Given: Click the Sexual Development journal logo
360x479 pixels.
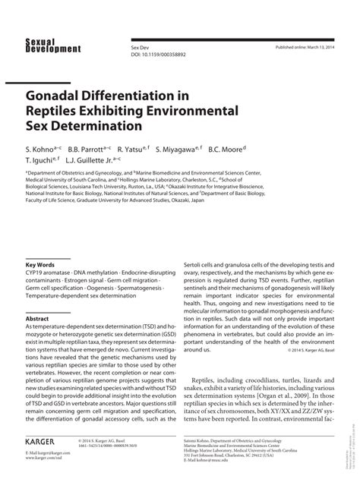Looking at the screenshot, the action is point(52,45).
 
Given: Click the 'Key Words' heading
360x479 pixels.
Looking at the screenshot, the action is point(41,265).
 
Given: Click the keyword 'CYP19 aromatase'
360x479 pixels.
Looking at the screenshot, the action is point(49,273).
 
